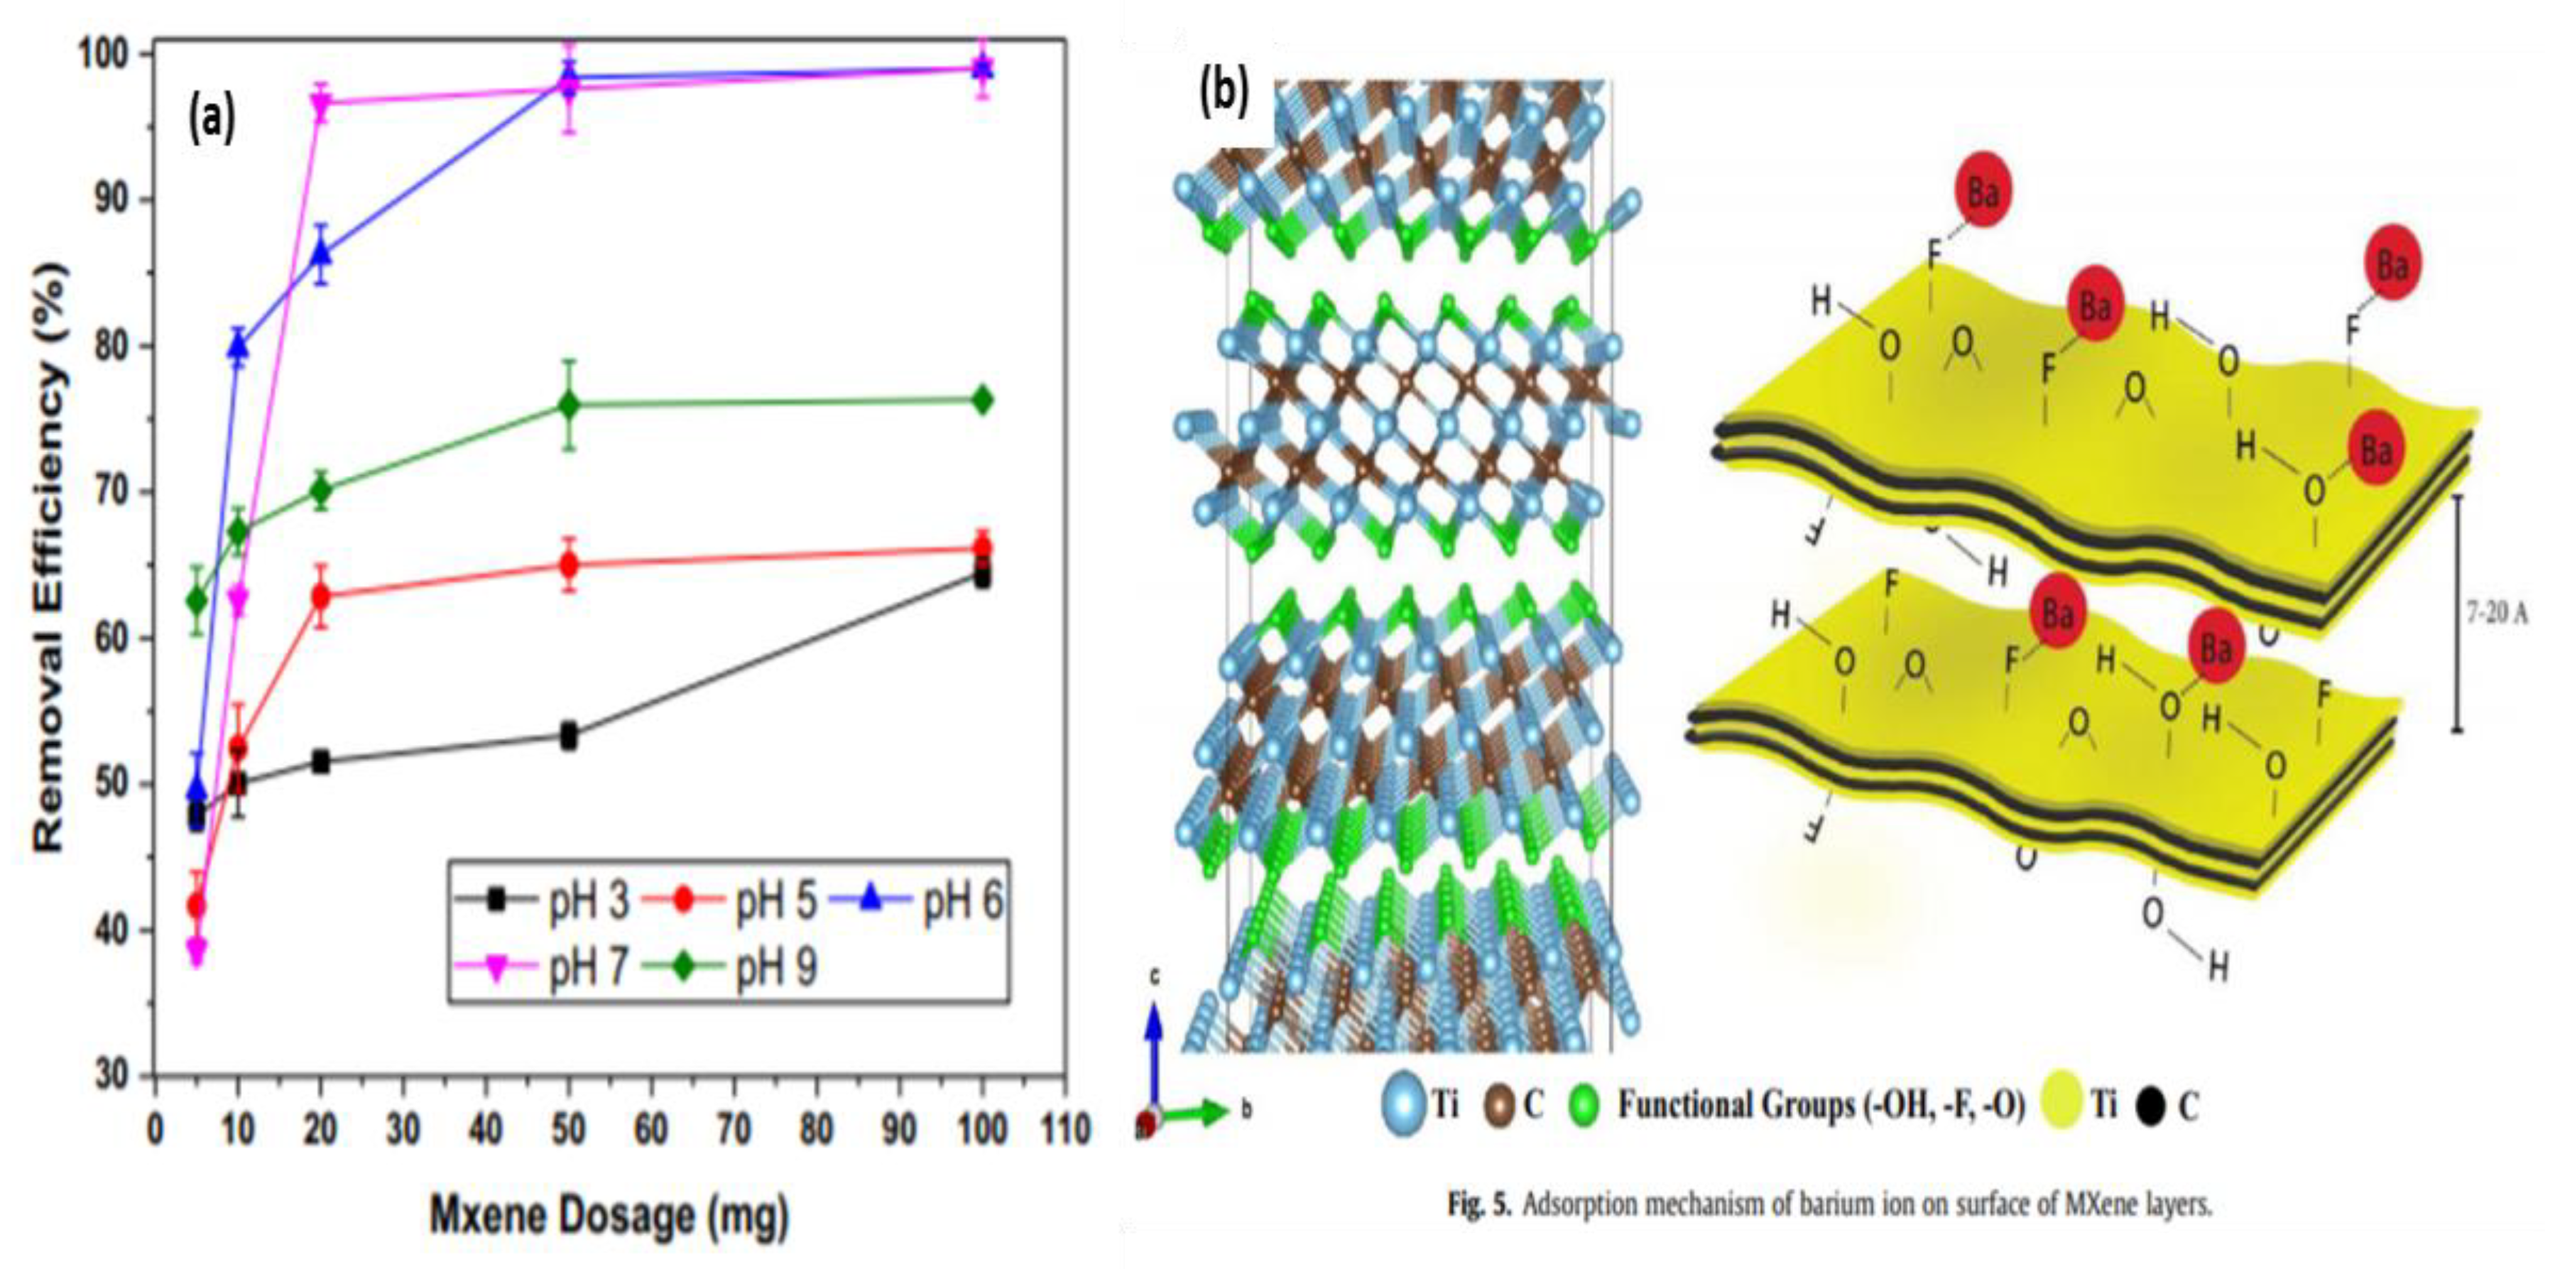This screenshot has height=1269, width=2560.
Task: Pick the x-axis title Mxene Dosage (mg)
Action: [608, 1215]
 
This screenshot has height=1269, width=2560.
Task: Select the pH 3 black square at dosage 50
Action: [568, 736]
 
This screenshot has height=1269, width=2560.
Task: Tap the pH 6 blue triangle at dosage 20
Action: [321, 254]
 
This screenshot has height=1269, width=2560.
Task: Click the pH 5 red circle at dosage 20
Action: [321, 597]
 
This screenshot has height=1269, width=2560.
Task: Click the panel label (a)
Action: [212, 119]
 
